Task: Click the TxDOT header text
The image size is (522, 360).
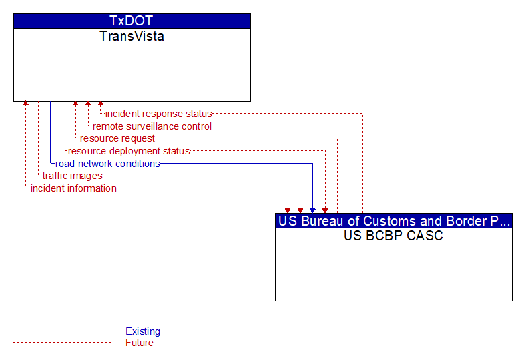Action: click(131, 21)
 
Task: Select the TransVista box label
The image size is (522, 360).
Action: click(132, 36)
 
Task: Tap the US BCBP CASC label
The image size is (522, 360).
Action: click(393, 236)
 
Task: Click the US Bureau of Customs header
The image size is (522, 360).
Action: click(394, 221)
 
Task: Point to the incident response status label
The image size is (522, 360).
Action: click(158, 114)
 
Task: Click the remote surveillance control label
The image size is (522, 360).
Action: click(152, 126)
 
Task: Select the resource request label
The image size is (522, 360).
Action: click(117, 138)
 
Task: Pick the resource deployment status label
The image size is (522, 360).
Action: click(129, 151)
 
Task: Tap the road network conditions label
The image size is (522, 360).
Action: click(107, 164)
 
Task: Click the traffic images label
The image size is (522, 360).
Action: click(72, 176)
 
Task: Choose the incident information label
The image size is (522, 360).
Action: click(73, 188)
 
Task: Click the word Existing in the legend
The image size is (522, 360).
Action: click(143, 331)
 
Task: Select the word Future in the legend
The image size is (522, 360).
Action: click(139, 343)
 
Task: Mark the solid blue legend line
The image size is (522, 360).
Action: click(63, 331)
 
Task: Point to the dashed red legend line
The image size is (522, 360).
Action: click(63, 343)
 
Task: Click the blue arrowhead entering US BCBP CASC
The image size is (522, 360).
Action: click(312, 210)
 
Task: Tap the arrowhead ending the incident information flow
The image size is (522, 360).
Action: click(288, 210)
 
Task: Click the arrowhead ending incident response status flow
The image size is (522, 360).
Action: click(101, 104)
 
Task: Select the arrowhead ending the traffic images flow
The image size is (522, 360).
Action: click(300, 210)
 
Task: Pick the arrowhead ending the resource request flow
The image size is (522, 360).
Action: click(75, 104)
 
